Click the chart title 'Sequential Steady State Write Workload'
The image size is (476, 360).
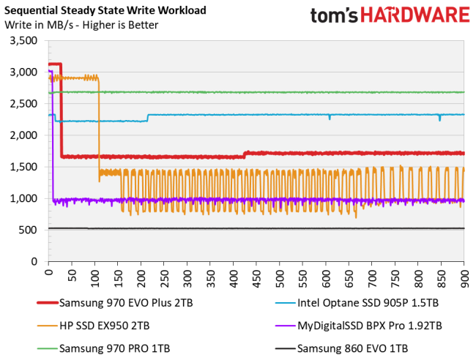(105, 11)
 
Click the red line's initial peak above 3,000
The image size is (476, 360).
(54, 64)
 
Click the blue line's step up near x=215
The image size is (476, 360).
(148, 118)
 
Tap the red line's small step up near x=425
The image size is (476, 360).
(245, 154)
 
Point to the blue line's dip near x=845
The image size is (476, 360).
(439, 118)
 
